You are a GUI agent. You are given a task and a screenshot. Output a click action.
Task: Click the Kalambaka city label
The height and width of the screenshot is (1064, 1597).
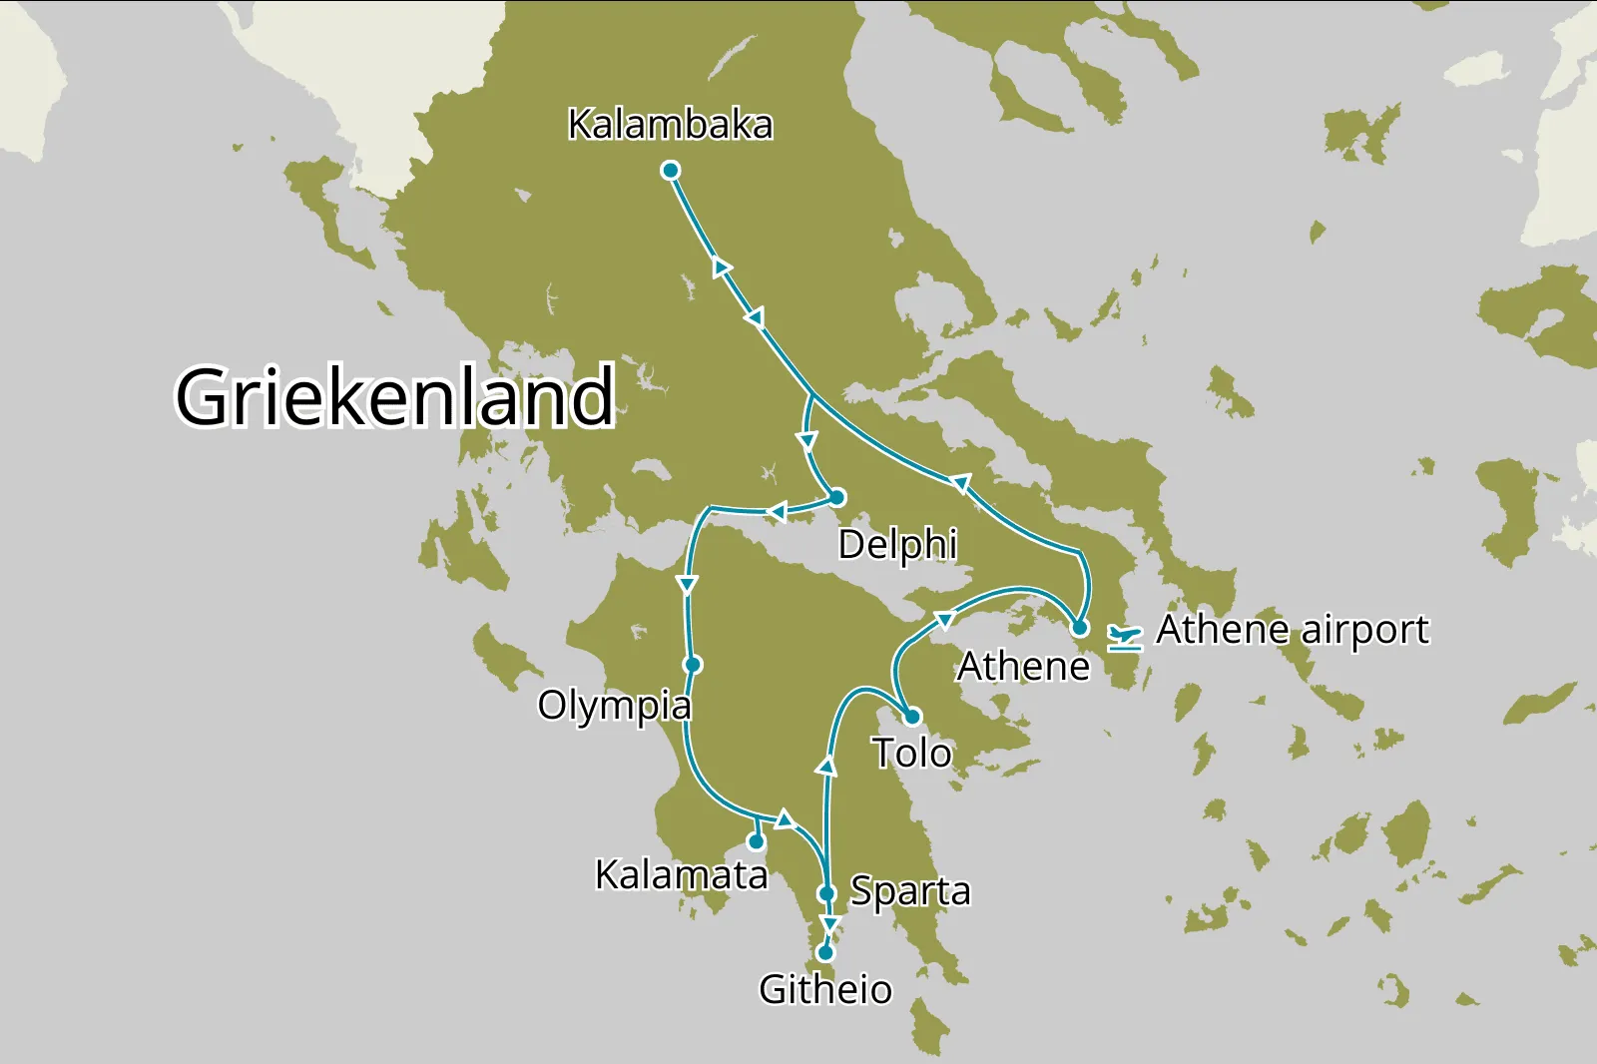click(670, 125)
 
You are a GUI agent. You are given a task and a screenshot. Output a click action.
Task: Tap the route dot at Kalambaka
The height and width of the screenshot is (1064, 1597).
click(671, 171)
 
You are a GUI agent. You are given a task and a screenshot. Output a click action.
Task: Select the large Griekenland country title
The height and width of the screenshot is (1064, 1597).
click(395, 396)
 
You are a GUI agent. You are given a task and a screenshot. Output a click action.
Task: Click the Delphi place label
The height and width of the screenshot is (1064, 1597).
click(896, 545)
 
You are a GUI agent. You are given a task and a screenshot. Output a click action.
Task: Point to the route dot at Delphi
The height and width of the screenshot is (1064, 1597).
click(837, 497)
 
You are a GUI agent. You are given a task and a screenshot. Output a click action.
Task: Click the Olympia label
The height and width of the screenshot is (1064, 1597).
click(614, 706)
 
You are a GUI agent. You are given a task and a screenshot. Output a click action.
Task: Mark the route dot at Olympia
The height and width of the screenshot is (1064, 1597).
click(693, 665)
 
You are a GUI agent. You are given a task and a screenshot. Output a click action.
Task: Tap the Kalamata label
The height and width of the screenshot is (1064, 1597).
click(681, 875)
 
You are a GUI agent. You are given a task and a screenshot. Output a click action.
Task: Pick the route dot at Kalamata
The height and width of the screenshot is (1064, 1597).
click(757, 842)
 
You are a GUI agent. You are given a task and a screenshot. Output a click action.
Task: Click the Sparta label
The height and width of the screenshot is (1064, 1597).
click(909, 890)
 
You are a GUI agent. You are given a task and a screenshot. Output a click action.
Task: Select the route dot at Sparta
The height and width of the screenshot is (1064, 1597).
click(826, 893)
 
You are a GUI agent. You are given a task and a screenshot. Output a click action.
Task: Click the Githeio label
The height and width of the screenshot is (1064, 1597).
click(825, 989)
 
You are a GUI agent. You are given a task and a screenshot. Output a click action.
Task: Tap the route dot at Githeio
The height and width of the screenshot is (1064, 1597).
click(825, 953)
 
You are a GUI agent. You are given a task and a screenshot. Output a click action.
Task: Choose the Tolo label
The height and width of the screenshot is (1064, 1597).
click(911, 754)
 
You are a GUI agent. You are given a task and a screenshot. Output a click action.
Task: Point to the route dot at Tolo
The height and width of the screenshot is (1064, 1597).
click(911, 717)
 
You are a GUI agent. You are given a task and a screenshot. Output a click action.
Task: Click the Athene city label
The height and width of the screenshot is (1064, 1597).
click(1023, 667)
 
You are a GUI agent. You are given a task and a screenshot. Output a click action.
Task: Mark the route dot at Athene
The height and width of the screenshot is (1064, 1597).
click(1079, 629)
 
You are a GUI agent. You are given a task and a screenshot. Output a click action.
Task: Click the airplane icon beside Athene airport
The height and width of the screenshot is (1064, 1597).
click(1125, 637)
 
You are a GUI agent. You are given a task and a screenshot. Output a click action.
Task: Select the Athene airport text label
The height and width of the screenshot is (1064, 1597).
click(1292, 630)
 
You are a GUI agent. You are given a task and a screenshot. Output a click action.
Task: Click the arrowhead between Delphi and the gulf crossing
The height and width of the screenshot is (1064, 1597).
click(777, 512)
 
